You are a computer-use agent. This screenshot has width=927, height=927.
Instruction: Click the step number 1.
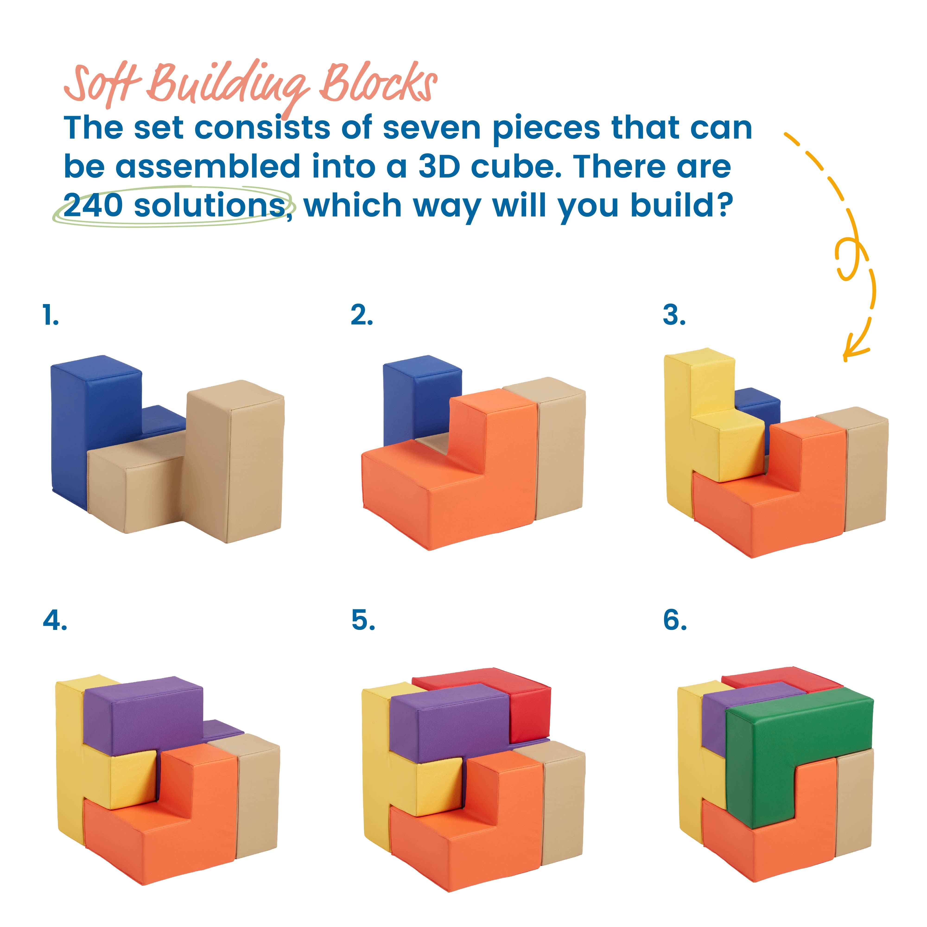(x=50, y=316)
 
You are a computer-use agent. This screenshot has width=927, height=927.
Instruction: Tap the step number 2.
(x=361, y=316)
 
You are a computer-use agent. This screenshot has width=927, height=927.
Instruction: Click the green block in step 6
(x=768, y=749)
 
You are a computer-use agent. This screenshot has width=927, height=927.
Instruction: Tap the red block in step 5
(x=528, y=715)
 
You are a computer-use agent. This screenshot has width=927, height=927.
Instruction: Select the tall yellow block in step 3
(x=681, y=432)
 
